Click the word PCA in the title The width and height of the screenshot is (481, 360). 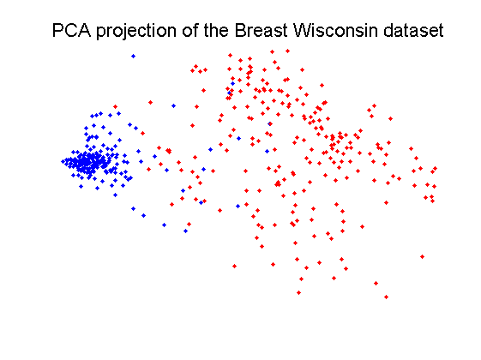pyautogui.click(x=71, y=30)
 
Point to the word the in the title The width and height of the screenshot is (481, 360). pyautogui.click(x=216, y=30)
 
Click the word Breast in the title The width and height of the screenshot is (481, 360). pyautogui.click(x=262, y=30)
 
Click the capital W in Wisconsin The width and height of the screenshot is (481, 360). pyautogui.click(x=303, y=30)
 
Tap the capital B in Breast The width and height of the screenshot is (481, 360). pyautogui.click(x=240, y=30)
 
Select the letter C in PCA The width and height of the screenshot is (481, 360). pyautogui.click(x=72, y=30)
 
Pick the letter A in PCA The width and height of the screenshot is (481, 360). pyautogui.click(x=85, y=30)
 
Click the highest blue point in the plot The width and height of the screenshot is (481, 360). pyautogui.click(x=133, y=56)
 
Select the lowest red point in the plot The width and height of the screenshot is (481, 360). pyautogui.click(x=386, y=297)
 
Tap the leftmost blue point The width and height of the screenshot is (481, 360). pyautogui.click(x=63, y=161)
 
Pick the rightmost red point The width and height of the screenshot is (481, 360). pyautogui.click(x=435, y=168)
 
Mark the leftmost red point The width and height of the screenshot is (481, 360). pyautogui.click(x=116, y=106)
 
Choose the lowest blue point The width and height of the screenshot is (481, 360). pyautogui.click(x=185, y=231)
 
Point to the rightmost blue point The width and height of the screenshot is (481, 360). pyautogui.click(x=269, y=124)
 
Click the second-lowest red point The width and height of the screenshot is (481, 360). pyautogui.click(x=298, y=292)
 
